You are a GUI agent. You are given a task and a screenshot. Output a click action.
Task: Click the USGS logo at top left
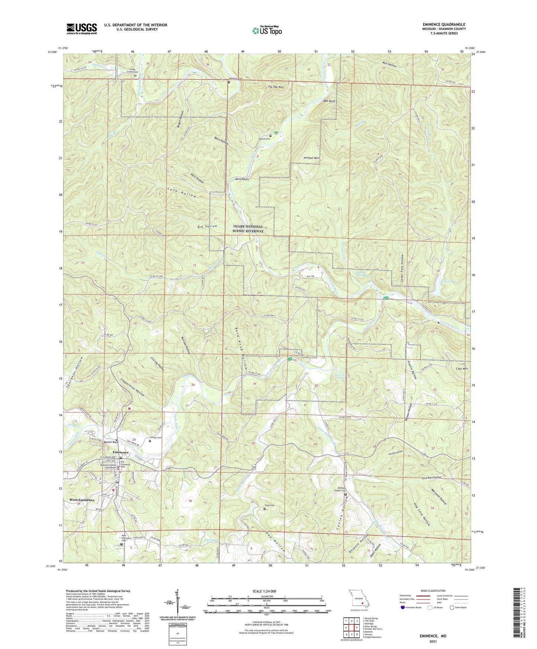pyautogui.click(x=82, y=28)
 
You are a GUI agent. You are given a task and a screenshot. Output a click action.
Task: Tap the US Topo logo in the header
pyautogui.click(x=267, y=30)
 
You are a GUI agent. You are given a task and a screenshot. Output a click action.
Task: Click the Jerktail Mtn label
pyautogui.click(x=312, y=158)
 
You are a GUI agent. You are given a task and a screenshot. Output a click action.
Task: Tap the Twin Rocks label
pyautogui.click(x=242, y=179)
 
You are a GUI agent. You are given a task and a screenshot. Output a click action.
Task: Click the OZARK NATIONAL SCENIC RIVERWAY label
pyautogui.click(x=248, y=229)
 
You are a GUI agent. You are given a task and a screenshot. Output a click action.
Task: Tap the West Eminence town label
pyautogui.click(x=82, y=500)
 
